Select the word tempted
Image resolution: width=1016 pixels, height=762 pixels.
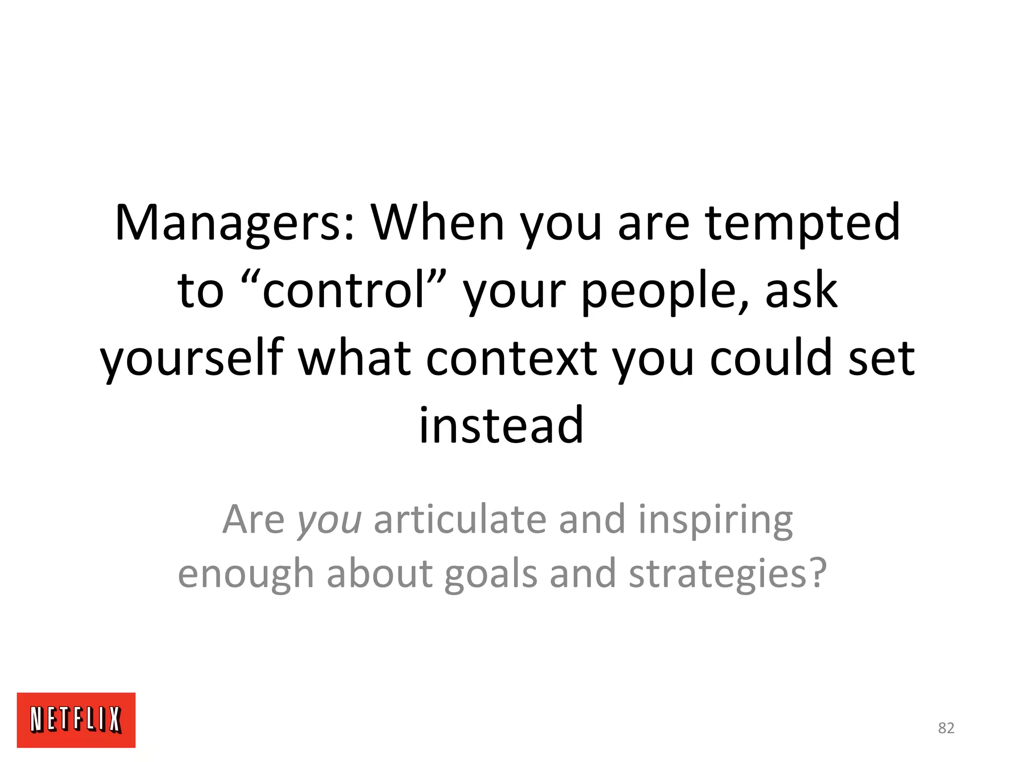click(x=802, y=223)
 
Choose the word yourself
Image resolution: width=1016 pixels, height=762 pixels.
click(x=192, y=358)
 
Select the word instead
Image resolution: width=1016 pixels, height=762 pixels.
click(x=501, y=426)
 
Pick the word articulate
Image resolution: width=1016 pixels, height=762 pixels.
click(x=460, y=519)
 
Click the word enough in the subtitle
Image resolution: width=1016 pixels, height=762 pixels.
click(x=246, y=574)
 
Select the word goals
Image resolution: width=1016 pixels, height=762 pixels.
click(x=490, y=574)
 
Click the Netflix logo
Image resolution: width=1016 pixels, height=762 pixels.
click(x=76, y=719)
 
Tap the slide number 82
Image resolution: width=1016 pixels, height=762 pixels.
click(x=946, y=728)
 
